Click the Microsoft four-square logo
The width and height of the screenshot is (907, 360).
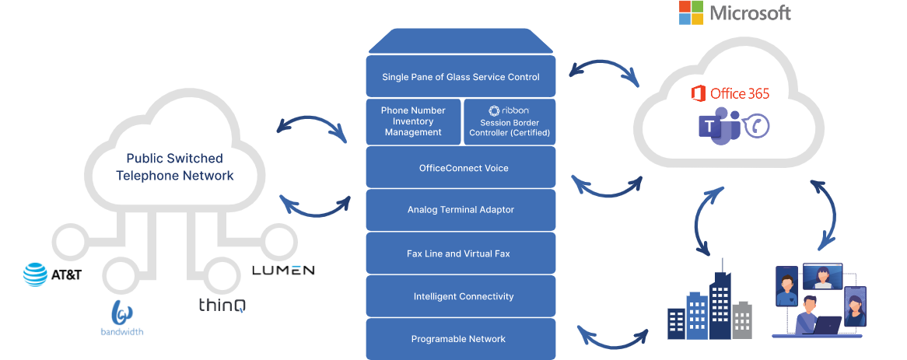[692, 12]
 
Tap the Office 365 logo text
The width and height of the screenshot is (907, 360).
[730, 94]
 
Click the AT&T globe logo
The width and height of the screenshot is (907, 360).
[36, 274]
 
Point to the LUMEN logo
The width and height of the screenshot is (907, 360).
[283, 270]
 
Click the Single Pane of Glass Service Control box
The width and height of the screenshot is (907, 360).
[461, 77]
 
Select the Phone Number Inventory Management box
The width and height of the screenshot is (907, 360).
[413, 121]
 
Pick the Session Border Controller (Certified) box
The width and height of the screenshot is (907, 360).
[509, 121]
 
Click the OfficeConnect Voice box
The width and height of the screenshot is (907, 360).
[461, 167]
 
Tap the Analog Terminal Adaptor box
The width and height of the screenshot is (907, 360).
[461, 210]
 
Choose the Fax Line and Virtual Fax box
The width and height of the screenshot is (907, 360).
[461, 253]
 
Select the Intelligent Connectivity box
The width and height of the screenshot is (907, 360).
[461, 296]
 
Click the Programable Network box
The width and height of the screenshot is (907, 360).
[461, 339]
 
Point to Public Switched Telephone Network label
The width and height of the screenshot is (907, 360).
[174, 166]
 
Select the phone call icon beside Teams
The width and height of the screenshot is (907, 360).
[757, 126]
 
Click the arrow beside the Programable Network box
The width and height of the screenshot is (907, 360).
[614, 335]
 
